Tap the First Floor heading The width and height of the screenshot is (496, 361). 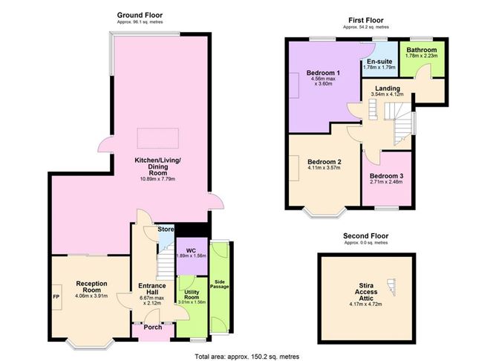366,21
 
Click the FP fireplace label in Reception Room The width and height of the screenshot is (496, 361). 55,298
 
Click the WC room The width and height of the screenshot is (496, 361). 191,250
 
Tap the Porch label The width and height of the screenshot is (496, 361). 153,327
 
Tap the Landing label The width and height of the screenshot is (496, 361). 387,88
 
